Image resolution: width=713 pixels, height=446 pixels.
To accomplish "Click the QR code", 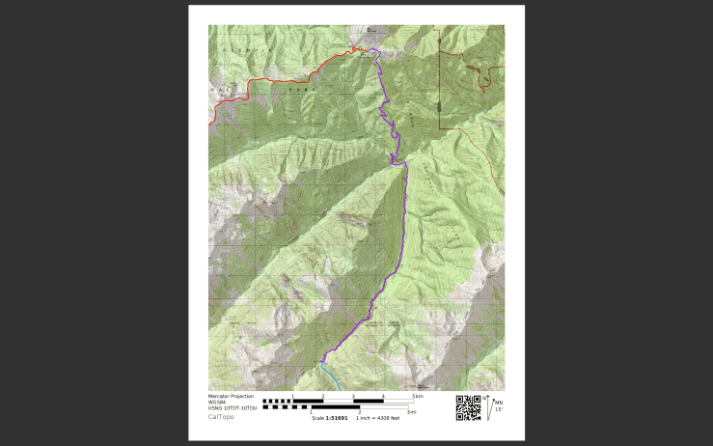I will (x=468, y=408).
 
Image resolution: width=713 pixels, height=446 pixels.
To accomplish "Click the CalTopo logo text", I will (x=221, y=417).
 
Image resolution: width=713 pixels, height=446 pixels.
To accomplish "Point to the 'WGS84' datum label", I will (x=216, y=402).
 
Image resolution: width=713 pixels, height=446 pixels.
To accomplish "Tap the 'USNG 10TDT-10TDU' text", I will (x=233, y=407).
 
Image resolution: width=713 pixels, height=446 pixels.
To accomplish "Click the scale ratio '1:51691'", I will (x=337, y=418).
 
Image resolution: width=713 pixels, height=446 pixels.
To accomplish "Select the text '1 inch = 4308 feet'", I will (x=378, y=418).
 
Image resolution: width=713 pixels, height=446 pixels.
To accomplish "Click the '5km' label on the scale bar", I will (x=418, y=396).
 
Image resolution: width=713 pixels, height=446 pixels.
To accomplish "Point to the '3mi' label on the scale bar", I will (x=412, y=412).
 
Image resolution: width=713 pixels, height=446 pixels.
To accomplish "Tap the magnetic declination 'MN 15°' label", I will (x=498, y=405).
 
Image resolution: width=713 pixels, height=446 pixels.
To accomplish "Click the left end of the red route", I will (x=210, y=125).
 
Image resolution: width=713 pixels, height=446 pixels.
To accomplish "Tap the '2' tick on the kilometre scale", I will (x=323, y=396).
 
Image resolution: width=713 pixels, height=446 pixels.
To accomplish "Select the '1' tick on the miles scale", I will (x=311, y=412).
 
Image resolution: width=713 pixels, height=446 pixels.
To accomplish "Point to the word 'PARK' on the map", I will (x=288, y=85).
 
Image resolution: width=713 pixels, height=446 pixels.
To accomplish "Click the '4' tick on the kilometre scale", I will (x=383, y=396).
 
